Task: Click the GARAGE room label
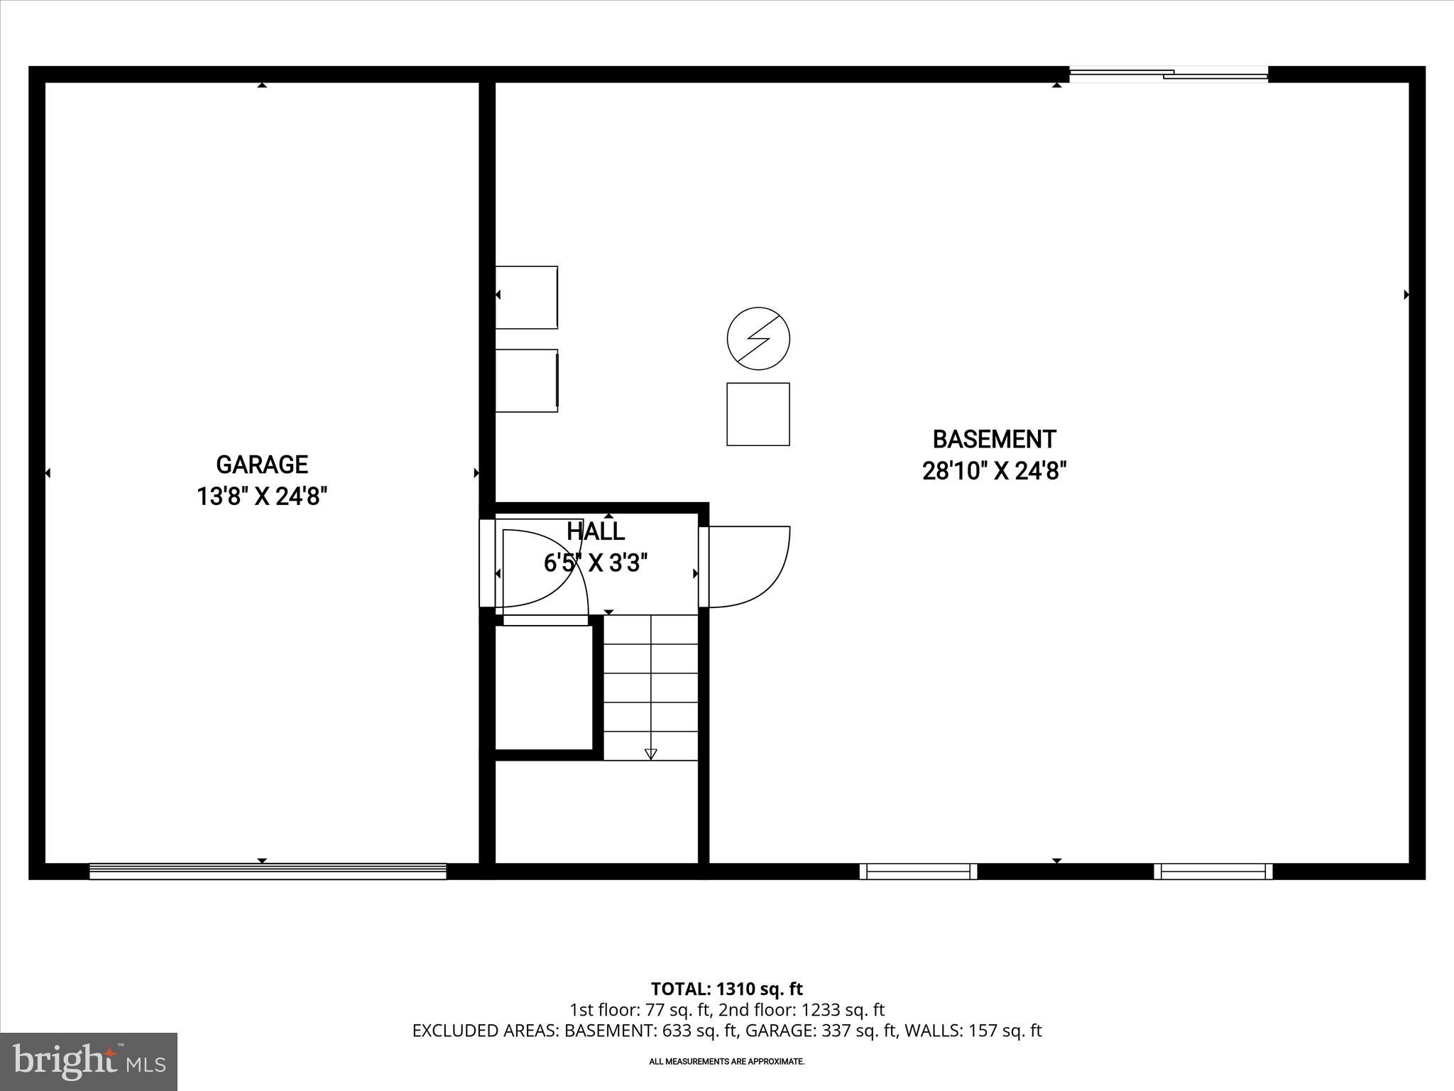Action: pos(262,465)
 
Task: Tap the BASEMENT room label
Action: pos(994,440)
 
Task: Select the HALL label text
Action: pos(596,531)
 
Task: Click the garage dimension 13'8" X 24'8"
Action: pos(262,496)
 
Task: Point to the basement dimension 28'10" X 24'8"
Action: pos(994,471)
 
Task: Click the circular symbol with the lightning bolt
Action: pos(758,338)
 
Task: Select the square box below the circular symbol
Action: pos(758,414)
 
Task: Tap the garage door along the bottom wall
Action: pos(268,872)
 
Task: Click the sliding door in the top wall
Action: pos(1169,74)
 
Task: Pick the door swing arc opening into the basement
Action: pos(749,567)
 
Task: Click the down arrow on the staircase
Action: pos(651,754)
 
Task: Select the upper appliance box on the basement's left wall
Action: pos(526,298)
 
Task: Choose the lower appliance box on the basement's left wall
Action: pos(526,380)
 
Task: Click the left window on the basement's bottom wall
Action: pos(918,872)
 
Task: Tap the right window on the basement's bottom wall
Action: pos(1213,872)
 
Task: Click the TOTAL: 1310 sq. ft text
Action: pos(726,989)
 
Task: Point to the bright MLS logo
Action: pos(89,1062)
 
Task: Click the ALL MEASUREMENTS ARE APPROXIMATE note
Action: pos(726,1061)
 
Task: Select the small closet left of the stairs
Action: pos(543,687)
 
